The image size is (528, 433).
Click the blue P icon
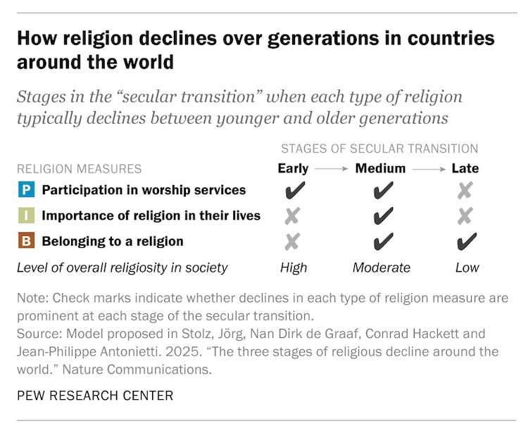26,190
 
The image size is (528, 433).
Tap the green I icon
26,215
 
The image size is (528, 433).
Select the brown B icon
26,241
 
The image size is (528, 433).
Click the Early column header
293,168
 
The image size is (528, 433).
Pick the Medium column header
380,168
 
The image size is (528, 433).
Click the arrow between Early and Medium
332,169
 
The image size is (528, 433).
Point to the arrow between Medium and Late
431,169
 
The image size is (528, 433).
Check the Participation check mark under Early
293,191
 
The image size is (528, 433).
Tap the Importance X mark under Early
293,216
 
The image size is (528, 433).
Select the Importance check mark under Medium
382,216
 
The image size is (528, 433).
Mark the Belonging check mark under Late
466,241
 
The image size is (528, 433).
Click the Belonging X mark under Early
293,241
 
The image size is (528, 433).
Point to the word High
293,268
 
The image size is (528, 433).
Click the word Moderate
381,268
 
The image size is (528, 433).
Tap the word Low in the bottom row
467,268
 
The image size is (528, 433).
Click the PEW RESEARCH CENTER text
95,395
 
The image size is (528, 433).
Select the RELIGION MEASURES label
80,169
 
